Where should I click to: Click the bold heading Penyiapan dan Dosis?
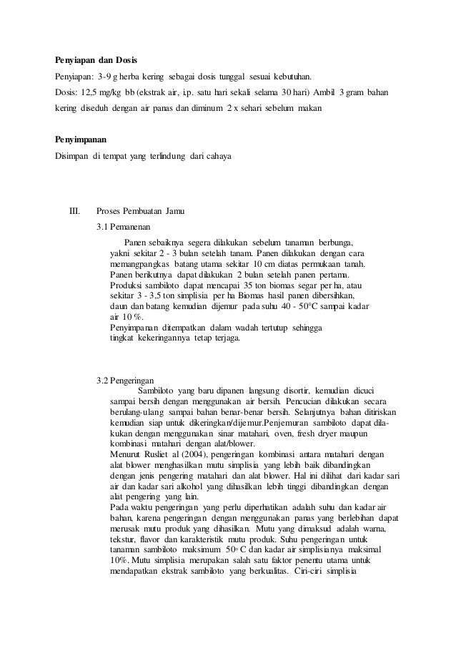click(97, 58)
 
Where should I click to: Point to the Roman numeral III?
click(75, 212)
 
